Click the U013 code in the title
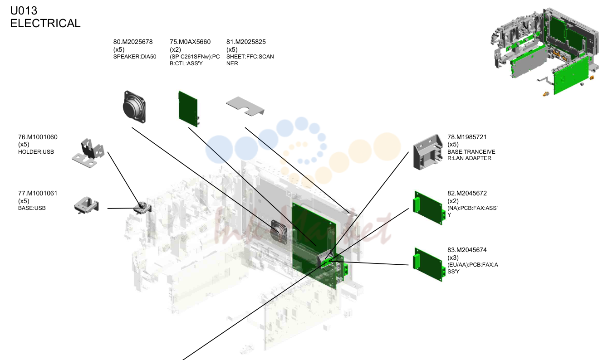pos(24,10)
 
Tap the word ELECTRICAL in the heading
pos(45,23)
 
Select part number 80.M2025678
pos(133,42)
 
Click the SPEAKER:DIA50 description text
pos(135,57)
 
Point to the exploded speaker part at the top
pos(134,107)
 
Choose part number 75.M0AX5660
pos(190,42)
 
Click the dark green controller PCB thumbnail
pos(188,109)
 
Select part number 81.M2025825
pos(246,42)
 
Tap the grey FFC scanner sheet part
pos(245,106)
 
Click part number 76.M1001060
pos(38,137)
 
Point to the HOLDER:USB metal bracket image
pos(88,153)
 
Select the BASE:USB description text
pos(32,208)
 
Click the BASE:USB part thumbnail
pos(87,205)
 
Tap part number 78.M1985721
pos(467,137)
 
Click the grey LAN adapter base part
pos(428,152)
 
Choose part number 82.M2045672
pos(467,193)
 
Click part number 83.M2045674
pos(467,250)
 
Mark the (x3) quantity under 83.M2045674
pos(453,258)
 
